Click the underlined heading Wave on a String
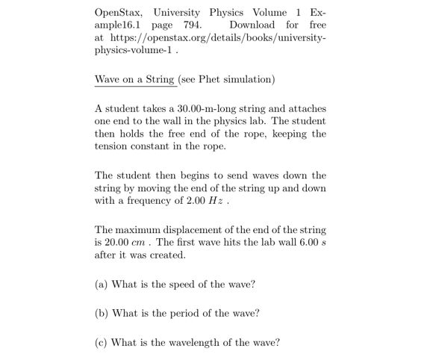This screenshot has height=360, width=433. pos(134,78)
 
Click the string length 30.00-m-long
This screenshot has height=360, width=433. pos(211,109)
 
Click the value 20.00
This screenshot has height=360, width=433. pos(116,243)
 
